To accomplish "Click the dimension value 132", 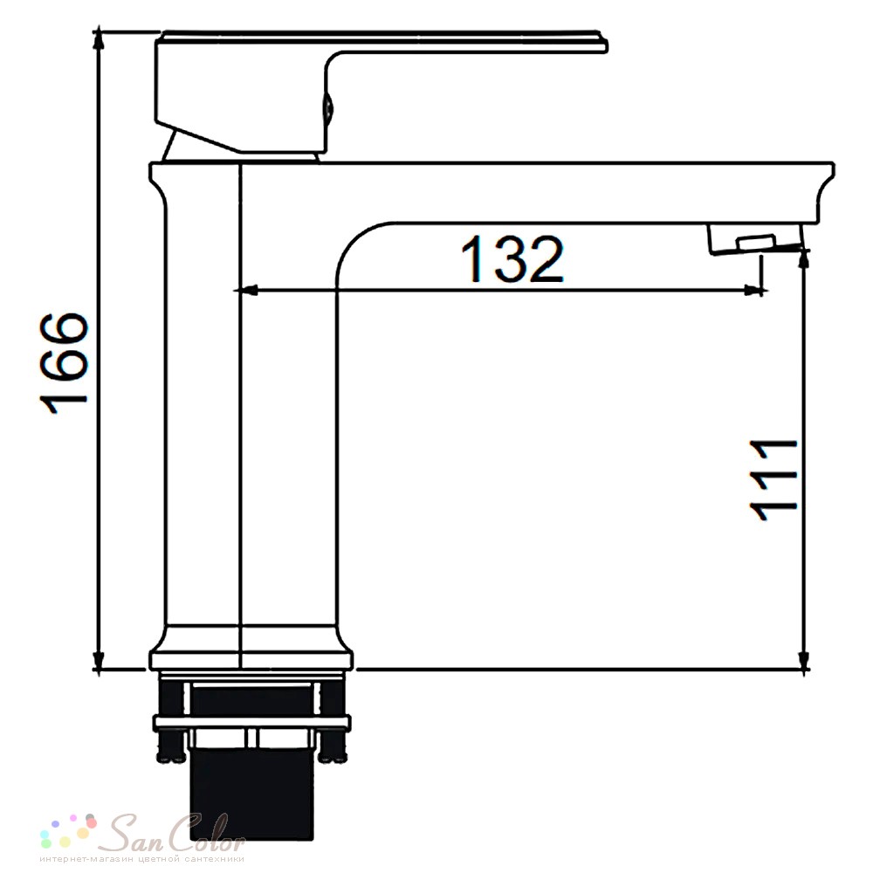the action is [512, 259].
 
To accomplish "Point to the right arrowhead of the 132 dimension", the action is [755, 290].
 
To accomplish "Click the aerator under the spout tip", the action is [754, 239].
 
